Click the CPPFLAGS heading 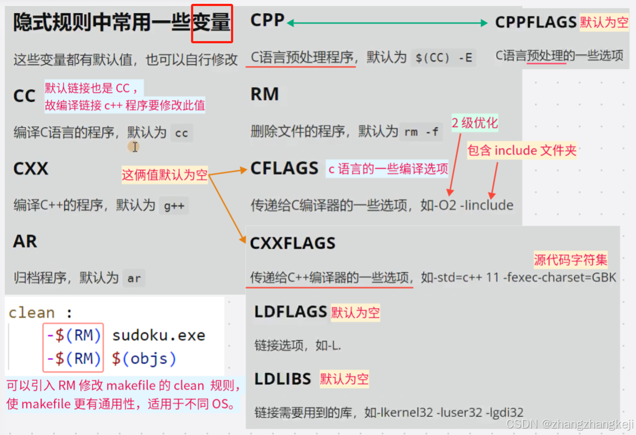pos(535,22)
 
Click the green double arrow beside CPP pos(387,22)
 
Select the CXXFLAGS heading pos(292,243)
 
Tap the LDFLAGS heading pos(290,312)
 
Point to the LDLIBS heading pos(282,379)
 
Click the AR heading pos(25,241)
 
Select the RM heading pos(265,94)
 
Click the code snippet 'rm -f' pos(421,132)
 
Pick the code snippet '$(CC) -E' pos(443,58)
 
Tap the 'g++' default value pos(174,207)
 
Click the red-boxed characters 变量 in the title pos(212,24)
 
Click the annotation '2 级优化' pos(475,123)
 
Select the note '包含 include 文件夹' pos(522,151)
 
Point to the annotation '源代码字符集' pos(570,260)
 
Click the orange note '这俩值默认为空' pos(164,175)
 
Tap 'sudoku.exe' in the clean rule pos(159,335)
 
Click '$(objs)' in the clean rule pos(144,359)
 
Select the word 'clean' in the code pos(32,313)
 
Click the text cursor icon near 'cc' pos(134,146)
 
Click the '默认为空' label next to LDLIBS pos(344,379)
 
